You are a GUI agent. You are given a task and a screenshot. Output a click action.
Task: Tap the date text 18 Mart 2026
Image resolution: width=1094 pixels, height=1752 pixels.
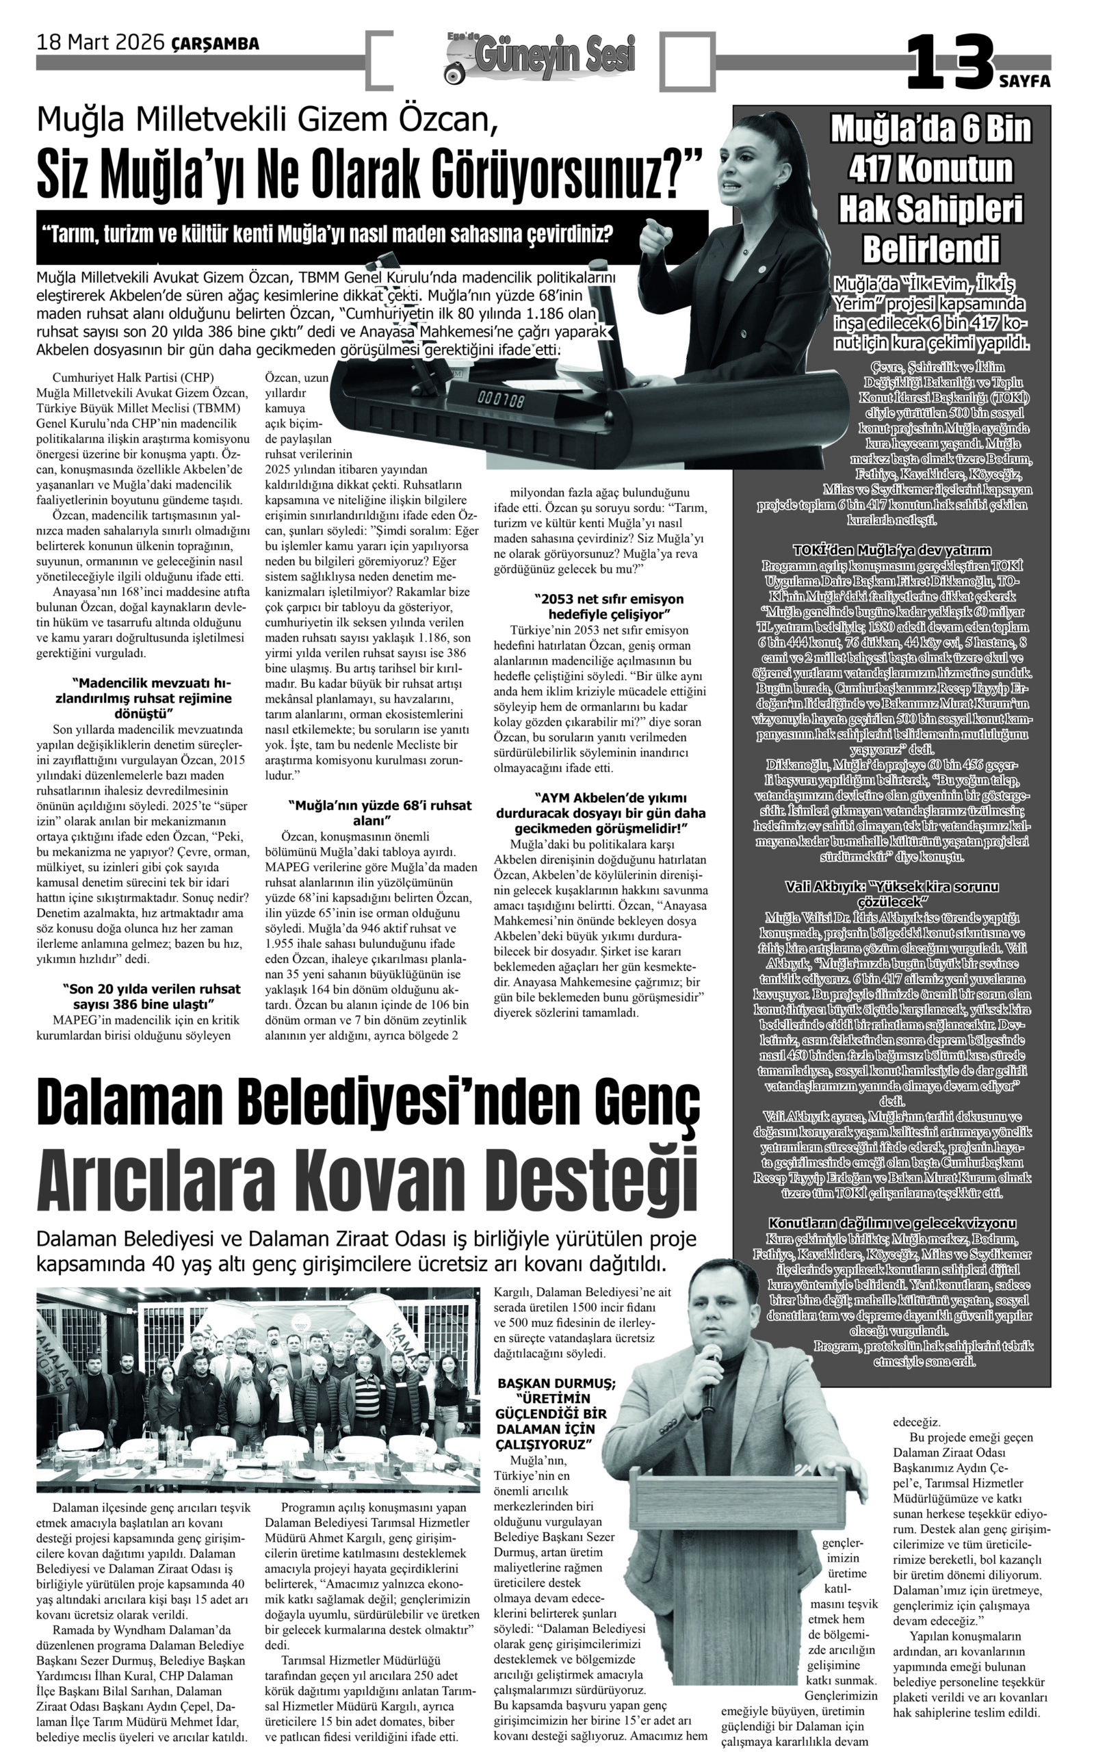coord(101,43)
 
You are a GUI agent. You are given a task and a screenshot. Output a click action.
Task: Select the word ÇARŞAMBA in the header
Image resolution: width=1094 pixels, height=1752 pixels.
coord(216,44)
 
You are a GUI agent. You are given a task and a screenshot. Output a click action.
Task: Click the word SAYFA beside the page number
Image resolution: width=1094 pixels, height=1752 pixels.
coord(1024,81)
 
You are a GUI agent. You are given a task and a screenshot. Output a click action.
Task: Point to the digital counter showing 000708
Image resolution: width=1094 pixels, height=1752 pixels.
coord(501,400)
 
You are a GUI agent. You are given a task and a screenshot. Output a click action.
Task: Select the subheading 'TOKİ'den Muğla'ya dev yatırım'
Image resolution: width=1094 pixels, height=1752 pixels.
coord(891,550)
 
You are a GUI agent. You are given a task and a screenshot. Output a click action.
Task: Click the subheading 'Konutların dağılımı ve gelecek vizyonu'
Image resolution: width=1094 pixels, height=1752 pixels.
coord(891,1223)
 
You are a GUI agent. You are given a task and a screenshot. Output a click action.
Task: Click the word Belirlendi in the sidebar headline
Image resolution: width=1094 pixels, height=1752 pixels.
coord(930,249)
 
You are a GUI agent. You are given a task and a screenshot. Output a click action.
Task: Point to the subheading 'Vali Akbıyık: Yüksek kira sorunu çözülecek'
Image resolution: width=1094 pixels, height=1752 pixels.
coord(891,894)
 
